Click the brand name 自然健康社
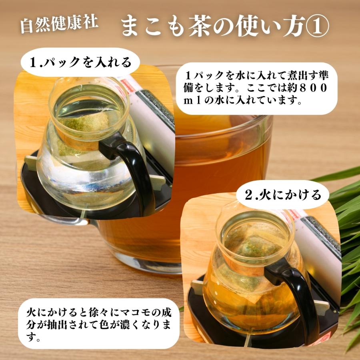(x=59, y=24)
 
